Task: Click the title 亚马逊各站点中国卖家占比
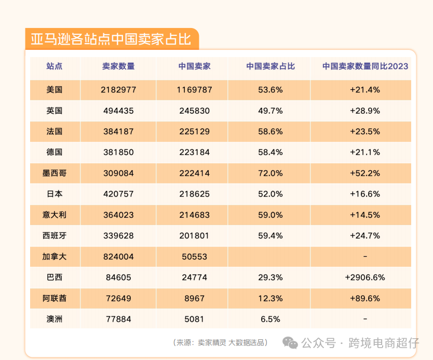click(x=108, y=39)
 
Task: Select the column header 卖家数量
click(x=118, y=66)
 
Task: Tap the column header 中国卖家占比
click(x=270, y=66)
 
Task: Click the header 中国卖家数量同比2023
click(x=365, y=66)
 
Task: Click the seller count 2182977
click(x=118, y=90)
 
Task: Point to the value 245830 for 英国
click(x=194, y=110)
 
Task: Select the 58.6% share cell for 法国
click(x=270, y=131)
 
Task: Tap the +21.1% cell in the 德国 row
click(x=365, y=152)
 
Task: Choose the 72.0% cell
click(x=270, y=173)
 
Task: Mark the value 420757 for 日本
click(x=118, y=194)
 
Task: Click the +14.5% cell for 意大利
click(x=365, y=215)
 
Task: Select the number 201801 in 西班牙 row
click(x=194, y=236)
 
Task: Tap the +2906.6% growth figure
click(x=365, y=277)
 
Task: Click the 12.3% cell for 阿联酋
click(x=270, y=298)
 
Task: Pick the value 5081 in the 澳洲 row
click(x=194, y=319)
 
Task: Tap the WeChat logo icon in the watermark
click(x=290, y=342)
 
